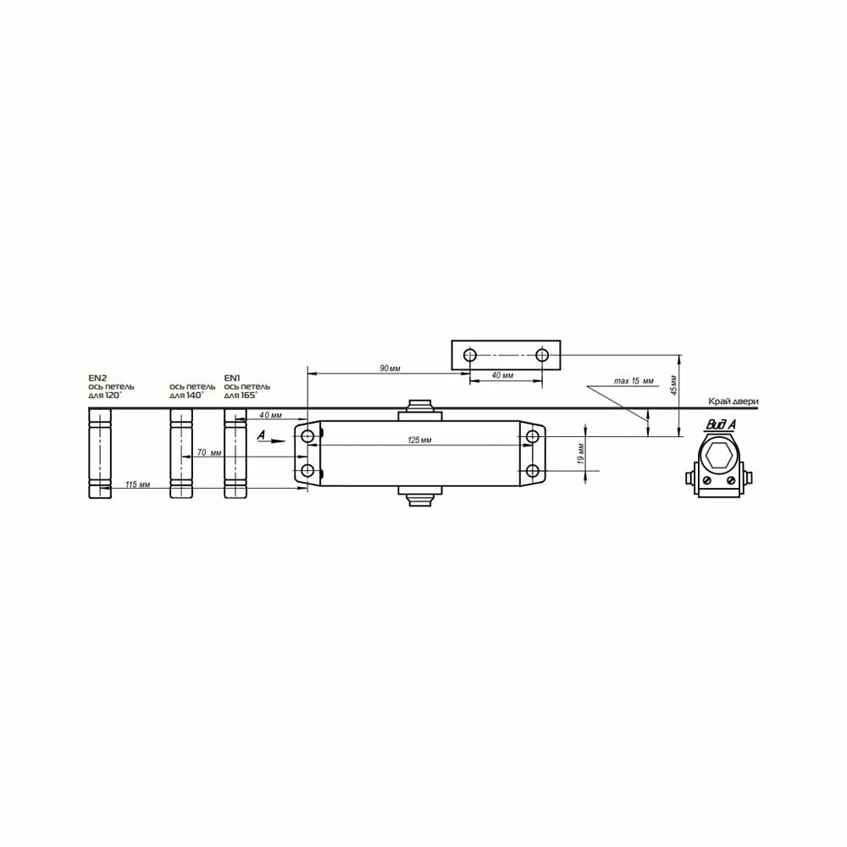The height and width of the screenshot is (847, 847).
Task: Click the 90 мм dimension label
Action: [390, 368]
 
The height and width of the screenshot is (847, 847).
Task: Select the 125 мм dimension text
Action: [420, 440]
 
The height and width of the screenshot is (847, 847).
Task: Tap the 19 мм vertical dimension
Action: [581, 454]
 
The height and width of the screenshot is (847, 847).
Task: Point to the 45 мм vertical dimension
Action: [673, 384]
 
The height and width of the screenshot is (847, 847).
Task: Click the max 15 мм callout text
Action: [634, 381]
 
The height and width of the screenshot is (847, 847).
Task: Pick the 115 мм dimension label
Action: [138, 484]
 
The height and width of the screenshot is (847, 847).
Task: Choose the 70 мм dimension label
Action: [209, 452]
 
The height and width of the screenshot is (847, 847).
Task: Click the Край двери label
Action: [734, 401]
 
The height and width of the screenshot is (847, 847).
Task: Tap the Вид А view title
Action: [721, 424]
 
